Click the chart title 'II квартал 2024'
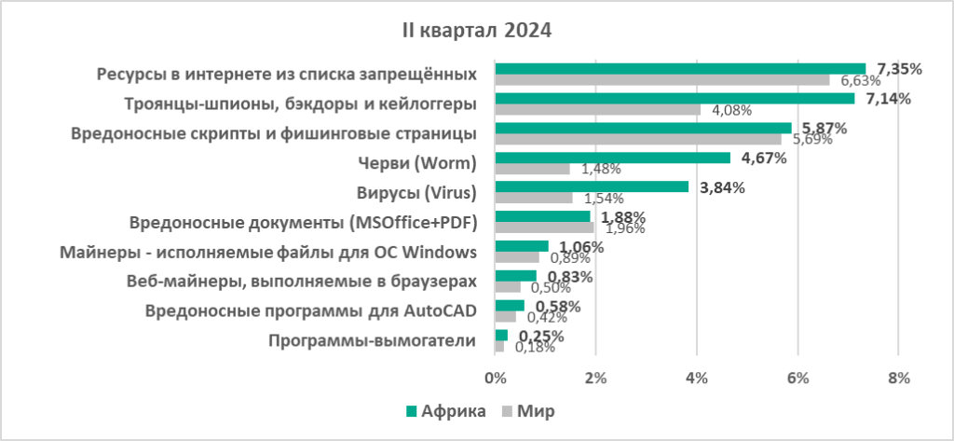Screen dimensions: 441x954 tap(476, 31)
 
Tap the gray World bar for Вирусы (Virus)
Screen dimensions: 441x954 tap(534, 198)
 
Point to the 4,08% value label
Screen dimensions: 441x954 tap(732, 110)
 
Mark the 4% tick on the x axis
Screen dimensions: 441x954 tap(696, 378)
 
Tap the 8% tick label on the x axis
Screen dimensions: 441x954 tap(897, 378)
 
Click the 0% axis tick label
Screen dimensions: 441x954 tap(495, 378)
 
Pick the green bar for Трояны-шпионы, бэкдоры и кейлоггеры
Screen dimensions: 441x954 tap(675, 98)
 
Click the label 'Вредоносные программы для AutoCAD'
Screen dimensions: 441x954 tap(312, 311)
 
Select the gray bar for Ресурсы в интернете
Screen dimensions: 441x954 tap(661, 80)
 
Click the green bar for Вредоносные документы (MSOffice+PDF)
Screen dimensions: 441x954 tap(542, 216)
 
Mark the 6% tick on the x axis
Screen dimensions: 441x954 tap(797, 378)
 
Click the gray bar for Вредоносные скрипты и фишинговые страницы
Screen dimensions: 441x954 tap(638, 139)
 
